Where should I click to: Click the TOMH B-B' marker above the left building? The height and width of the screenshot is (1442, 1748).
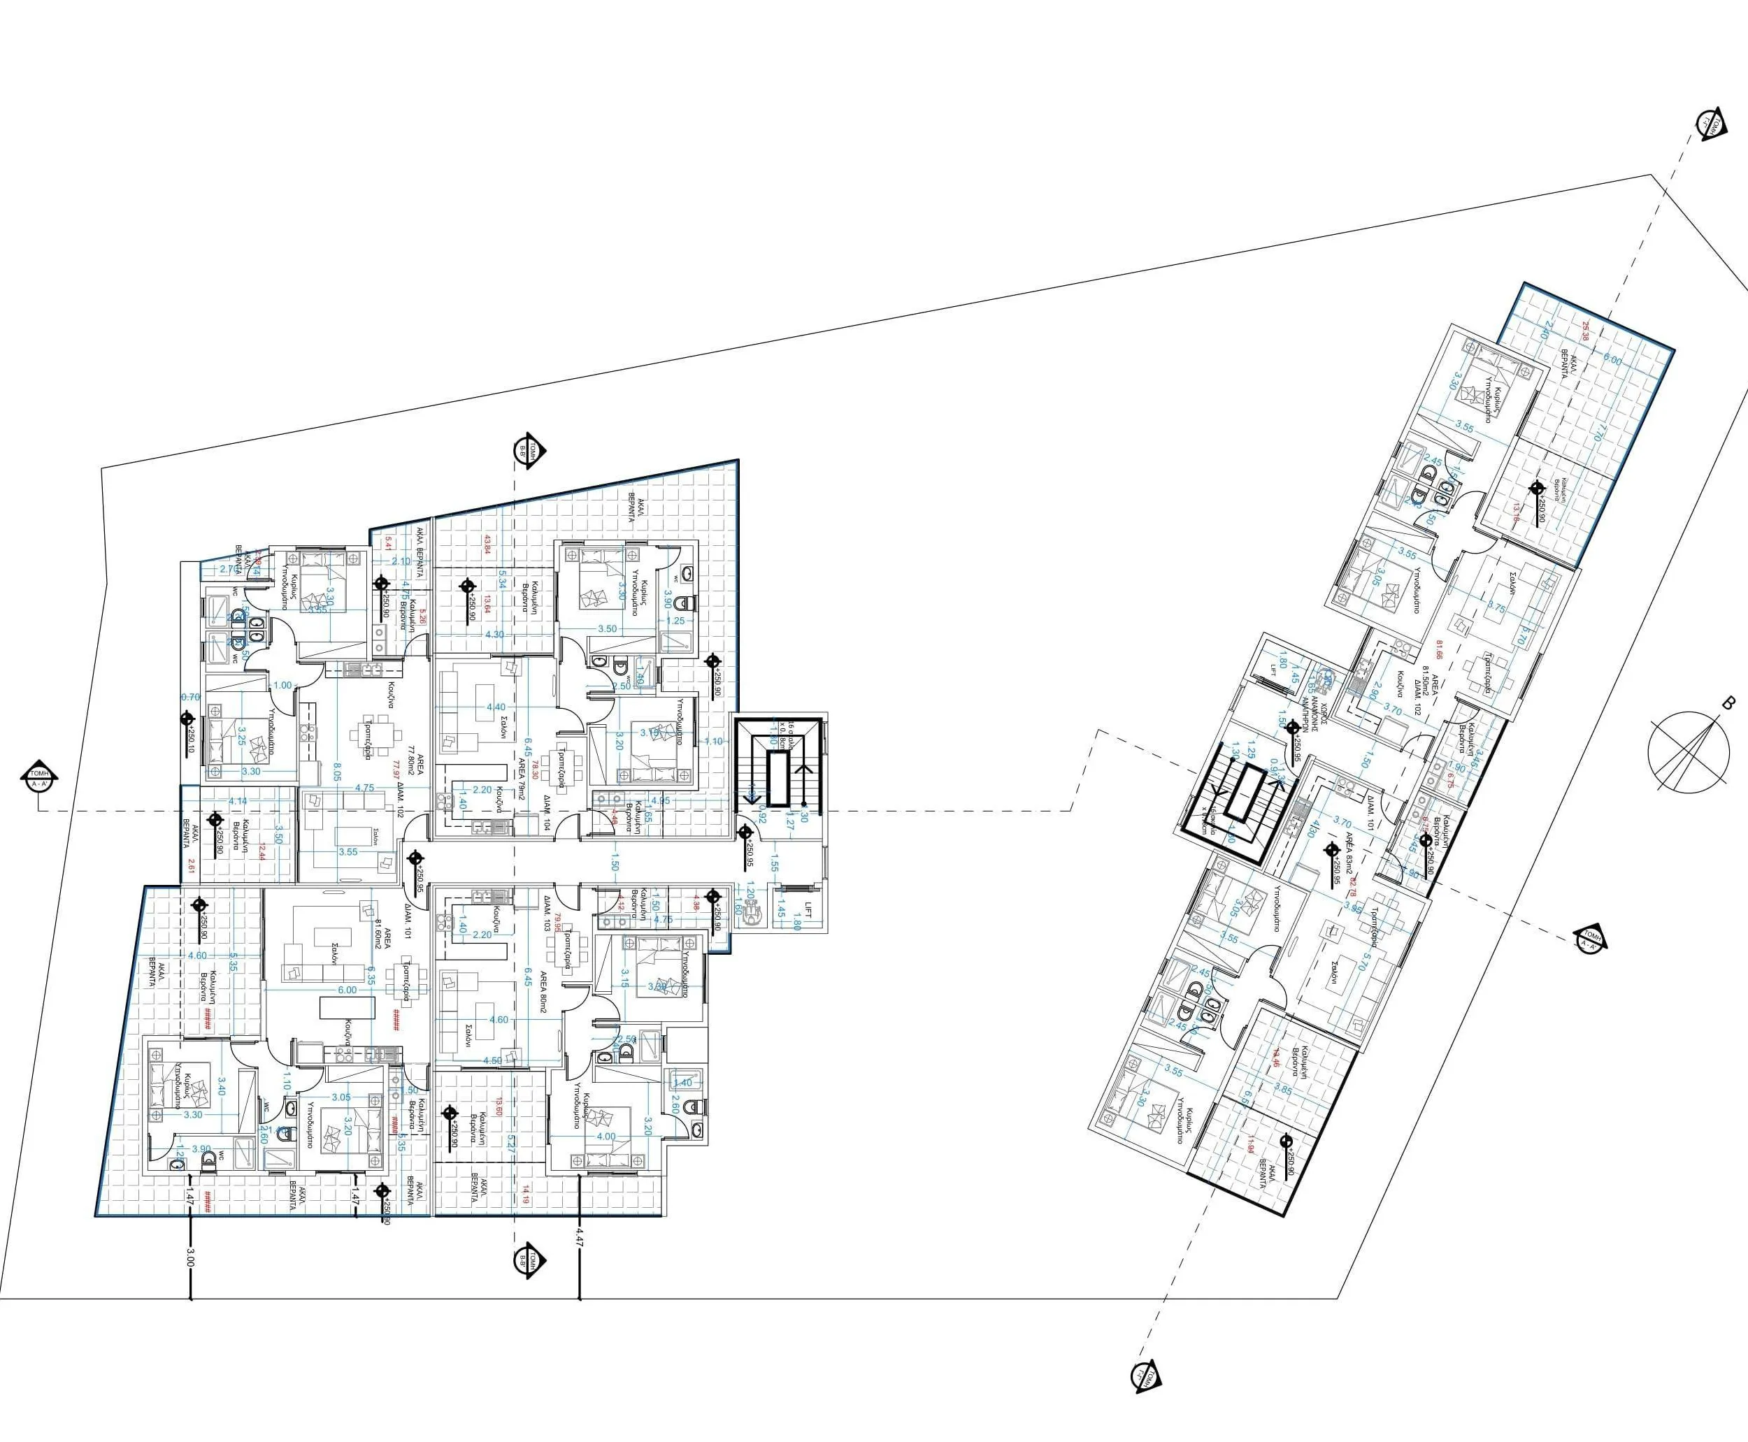[528, 450]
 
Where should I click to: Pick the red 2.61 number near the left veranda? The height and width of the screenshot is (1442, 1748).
[192, 864]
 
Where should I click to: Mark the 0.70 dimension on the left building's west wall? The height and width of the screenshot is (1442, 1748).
[190, 698]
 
